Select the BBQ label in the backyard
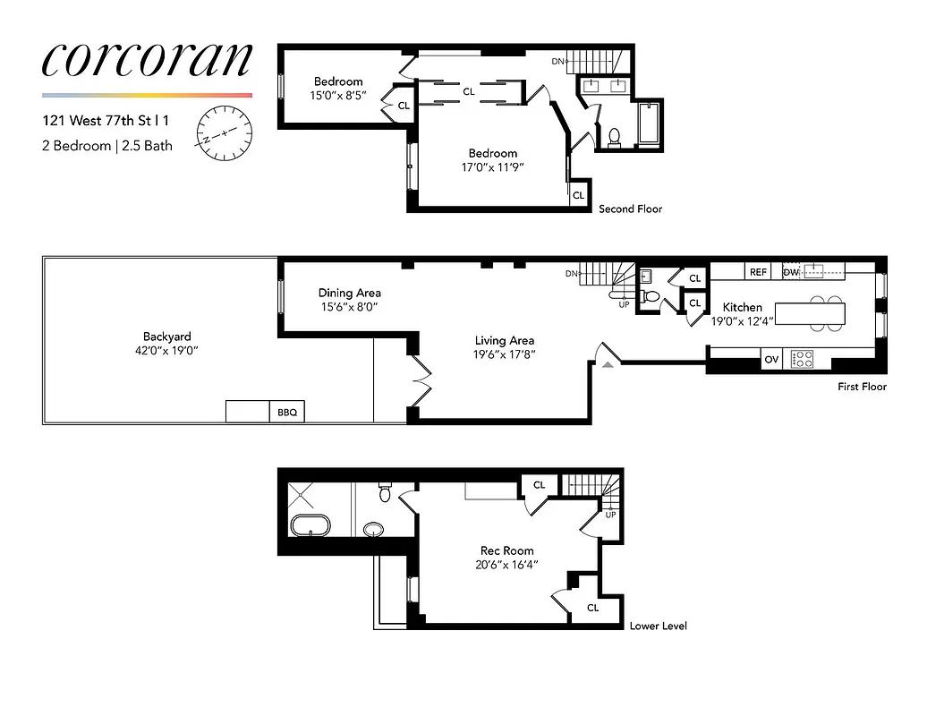coord(286,413)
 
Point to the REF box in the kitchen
coord(758,272)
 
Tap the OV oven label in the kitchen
coord(771,360)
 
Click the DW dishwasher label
coord(791,272)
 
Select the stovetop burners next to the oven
coord(804,360)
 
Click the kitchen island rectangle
coord(810,313)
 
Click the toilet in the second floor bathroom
coord(614,137)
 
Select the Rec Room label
coord(506,550)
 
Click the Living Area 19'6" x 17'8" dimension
coord(505,354)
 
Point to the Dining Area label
coord(350,293)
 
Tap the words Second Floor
coord(630,209)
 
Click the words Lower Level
coord(658,626)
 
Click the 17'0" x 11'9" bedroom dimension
coord(492,167)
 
